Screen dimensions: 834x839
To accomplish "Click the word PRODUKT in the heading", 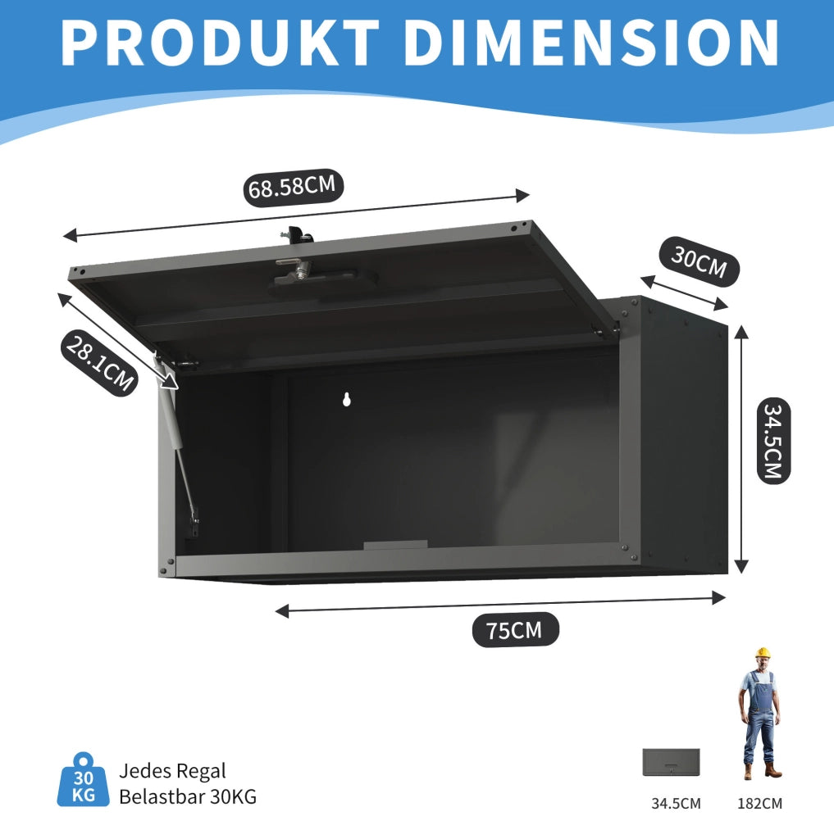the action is [220, 43].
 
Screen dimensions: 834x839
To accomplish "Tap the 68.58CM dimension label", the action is [293, 188].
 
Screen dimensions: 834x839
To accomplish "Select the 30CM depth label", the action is [699, 261].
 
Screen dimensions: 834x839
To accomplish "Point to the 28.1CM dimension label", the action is [99, 363].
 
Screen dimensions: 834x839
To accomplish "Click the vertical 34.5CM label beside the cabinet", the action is [773, 441].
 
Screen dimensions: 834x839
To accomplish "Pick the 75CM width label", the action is [515, 630].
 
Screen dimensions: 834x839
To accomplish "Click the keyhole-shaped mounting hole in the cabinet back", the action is [347, 399].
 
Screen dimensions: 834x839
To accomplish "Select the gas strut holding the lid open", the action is [177, 444].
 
